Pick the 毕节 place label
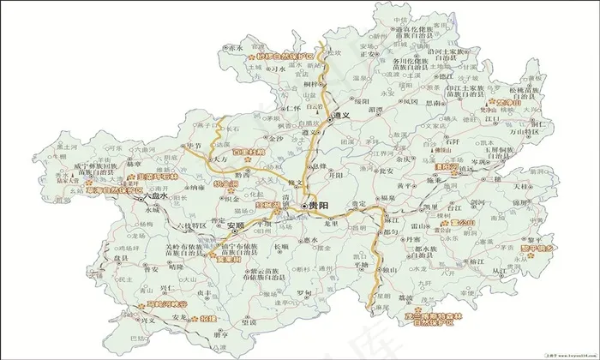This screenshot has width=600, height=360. point(195,147)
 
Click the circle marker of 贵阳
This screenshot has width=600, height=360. point(304,207)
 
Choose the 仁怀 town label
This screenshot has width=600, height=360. point(293,109)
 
